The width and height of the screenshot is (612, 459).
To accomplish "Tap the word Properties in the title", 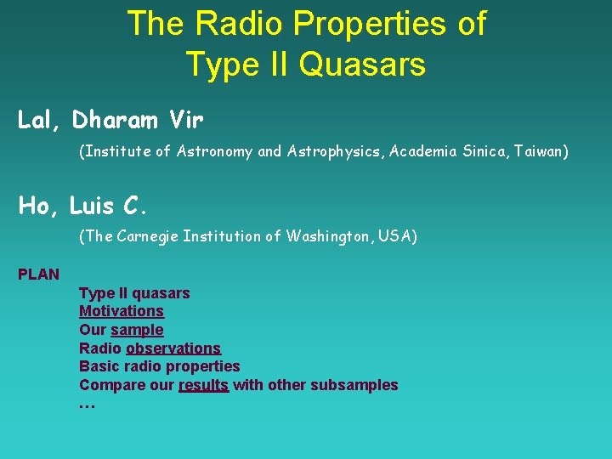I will coord(365,23).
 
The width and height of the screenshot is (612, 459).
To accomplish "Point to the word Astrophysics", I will coord(329,151).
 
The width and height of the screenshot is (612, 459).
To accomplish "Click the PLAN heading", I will coord(39,274).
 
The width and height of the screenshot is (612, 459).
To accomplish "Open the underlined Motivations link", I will coord(122,311).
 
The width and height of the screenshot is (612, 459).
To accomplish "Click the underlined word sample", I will coord(137,330).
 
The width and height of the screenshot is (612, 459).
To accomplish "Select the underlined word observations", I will coord(173,348).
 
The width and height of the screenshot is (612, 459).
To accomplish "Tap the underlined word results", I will coord(203,385).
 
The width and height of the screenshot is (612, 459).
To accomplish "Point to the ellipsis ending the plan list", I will coord(87,404).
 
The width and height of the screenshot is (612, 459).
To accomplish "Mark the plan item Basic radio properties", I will coord(159,366).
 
